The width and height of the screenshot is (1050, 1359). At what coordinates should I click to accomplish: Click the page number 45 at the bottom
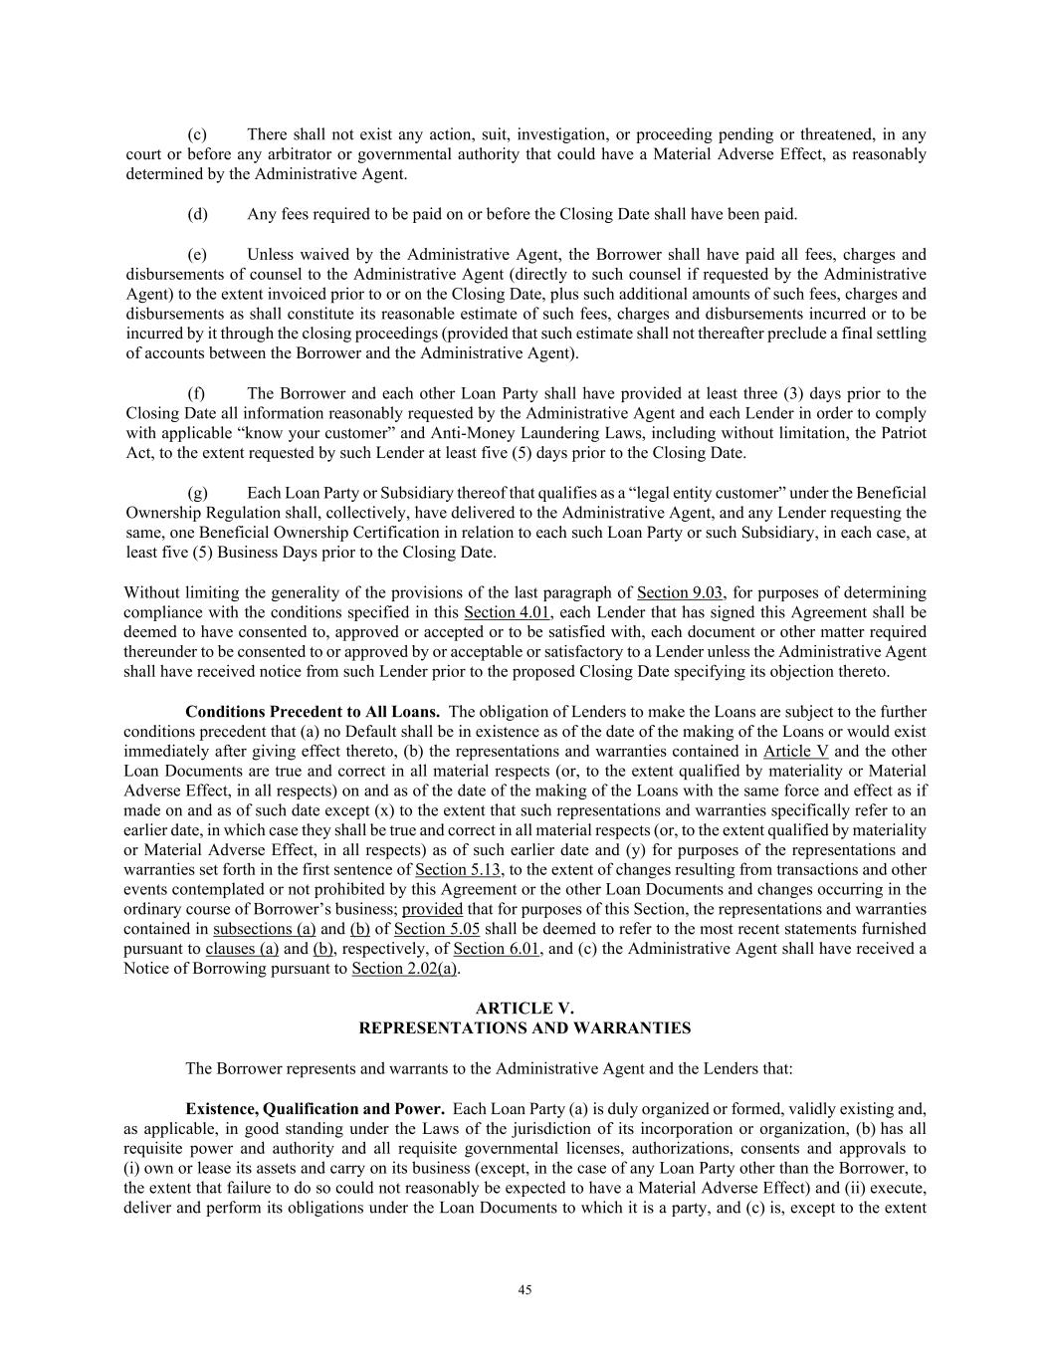(x=525, y=1290)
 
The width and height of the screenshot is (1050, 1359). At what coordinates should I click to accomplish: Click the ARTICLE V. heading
(x=525, y=1009)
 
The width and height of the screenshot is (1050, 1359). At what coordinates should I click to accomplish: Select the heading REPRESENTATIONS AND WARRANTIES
(x=525, y=1028)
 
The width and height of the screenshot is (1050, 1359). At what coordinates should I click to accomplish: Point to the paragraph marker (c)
(x=197, y=134)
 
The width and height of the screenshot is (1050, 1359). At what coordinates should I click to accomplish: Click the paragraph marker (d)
(x=197, y=214)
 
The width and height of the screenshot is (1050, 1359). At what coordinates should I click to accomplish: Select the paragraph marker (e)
(x=197, y=254)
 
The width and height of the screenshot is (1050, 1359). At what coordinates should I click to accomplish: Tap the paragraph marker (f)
(x=196, y=393)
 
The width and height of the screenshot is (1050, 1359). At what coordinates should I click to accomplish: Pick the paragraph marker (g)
(x=197, y=493)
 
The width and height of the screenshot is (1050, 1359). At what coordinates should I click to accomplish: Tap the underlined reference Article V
(x=795, y=752)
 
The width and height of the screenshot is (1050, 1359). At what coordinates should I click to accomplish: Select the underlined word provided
(x=432, y=910)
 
